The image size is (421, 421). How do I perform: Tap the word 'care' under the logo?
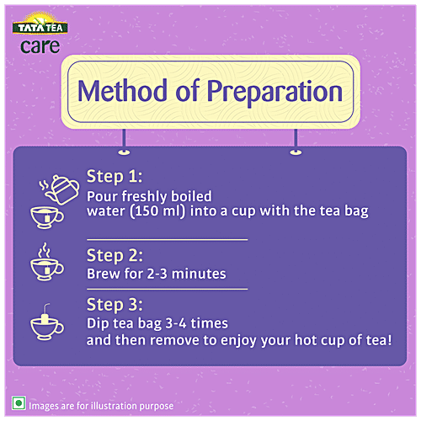pos(40,45)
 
